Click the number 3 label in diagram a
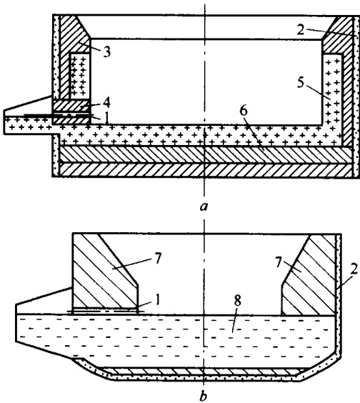coord(106,51)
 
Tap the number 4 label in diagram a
coord(106,103)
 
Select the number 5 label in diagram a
coord(300,83)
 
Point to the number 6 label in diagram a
coord(243,111)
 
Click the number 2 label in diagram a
coord(301,30)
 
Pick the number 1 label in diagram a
coord(106,118)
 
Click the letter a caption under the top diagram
coord(204,207)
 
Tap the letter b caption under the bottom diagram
coord(203,397)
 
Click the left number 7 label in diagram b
coord(157,259)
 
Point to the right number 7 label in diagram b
coord(279,264)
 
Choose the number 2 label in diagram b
coord(354,270)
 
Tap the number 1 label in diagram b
coord(158,300)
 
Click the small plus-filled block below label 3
coord(80,76)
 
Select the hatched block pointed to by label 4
coord(71,106)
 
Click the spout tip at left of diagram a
coord(4,121)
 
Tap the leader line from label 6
coord(255,133)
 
